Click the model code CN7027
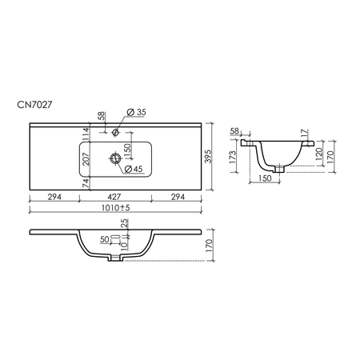pyautogui.click(x=34, y=105)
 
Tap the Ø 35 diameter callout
pyautogui.click(x=136, y=112)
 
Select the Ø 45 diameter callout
pyautogui.click(x=134, y=169)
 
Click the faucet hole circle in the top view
pyautogui.click(x=115, y=132)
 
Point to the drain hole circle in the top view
pyautogui.click(x=115, y=158)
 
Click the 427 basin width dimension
pyautogui.click(x=114, y=197)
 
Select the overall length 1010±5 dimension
pyautogui.click(x=115, y=207)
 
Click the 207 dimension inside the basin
pyautogui.click(x=86, y=159)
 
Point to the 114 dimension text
pyautogui.click(x=86, y=133)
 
